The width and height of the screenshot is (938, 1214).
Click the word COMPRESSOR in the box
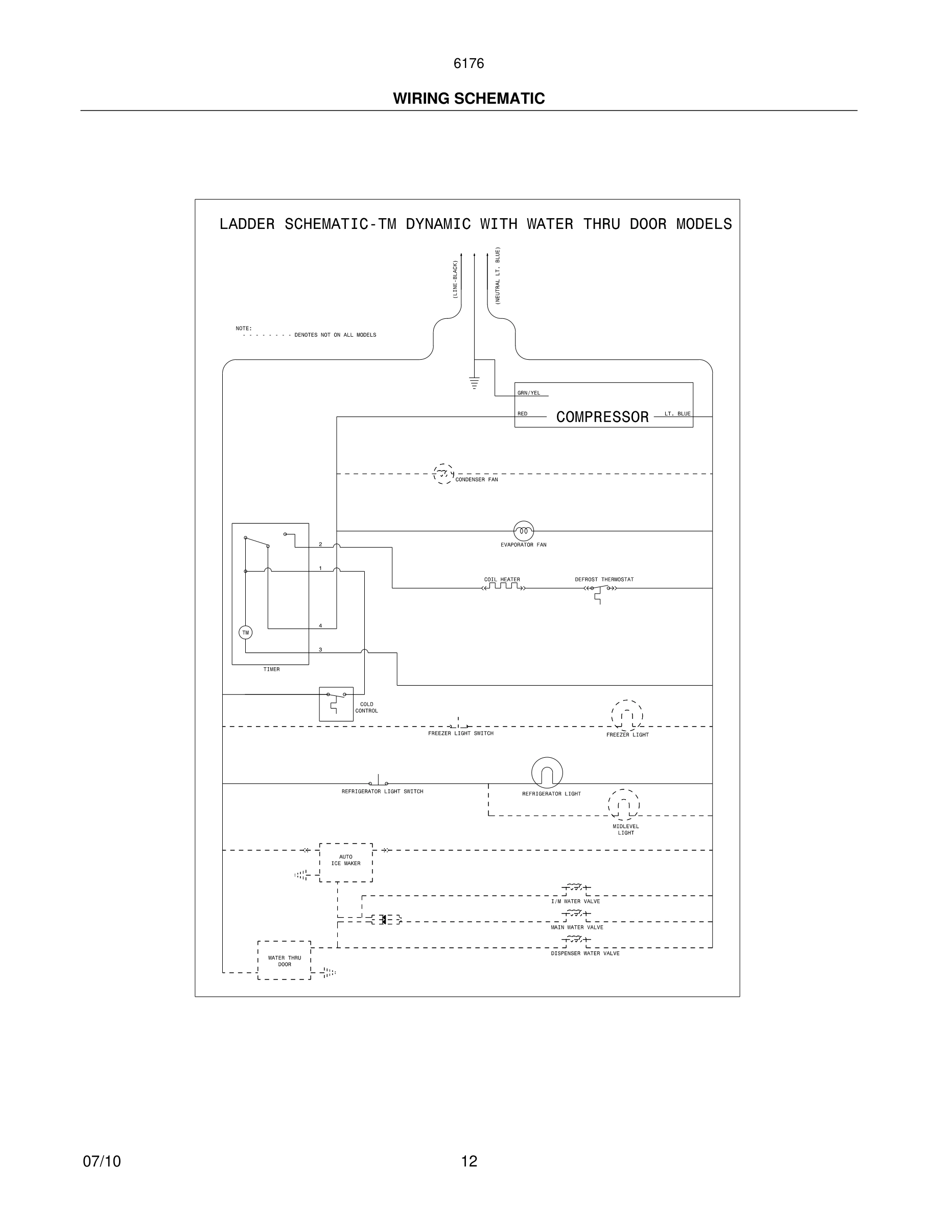coord(602,417)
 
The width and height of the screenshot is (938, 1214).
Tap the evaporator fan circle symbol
coord(524,531)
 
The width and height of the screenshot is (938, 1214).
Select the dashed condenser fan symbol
coord(443,474)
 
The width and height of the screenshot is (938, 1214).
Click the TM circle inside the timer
coord(245,633)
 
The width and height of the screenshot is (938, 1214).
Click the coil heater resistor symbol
coord(503,587)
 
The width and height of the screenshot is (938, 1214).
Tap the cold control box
coord(336,704)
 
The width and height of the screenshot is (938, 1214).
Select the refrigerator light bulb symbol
coord(547,773)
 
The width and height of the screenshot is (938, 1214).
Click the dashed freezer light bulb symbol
coord(627,715)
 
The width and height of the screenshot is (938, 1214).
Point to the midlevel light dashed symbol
coord(623,804)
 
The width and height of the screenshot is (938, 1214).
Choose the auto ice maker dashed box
coord(346,862)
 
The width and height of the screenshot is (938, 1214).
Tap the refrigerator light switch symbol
coord(379,782)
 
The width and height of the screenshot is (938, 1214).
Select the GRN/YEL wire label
coord(528,393)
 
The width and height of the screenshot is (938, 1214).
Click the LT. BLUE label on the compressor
coord(677,413)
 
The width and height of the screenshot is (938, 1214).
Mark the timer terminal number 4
coord(320,626)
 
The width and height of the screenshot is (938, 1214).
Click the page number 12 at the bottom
coord(469,1161)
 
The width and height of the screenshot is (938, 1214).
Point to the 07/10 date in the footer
coord(102,1161)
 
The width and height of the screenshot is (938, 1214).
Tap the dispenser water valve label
coord(585,953)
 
